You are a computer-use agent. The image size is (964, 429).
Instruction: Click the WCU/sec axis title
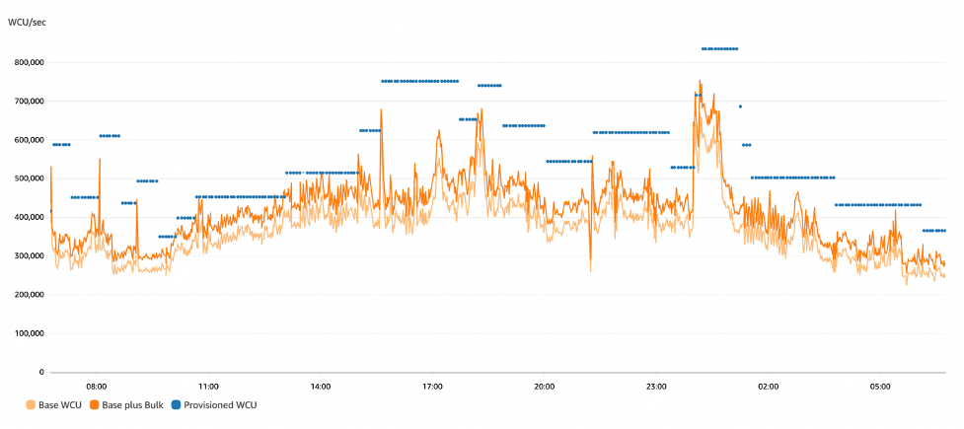[27, 21]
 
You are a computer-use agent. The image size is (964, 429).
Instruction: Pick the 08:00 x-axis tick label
[97, 386]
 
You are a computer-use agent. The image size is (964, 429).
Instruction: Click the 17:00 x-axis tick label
[432, 386]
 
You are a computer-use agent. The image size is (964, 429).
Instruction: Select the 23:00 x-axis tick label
[656, 386]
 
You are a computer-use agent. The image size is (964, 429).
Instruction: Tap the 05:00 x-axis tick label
[880, 386]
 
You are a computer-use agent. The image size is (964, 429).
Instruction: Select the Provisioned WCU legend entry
[217, 404]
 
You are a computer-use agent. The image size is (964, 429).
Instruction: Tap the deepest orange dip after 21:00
[590, 270]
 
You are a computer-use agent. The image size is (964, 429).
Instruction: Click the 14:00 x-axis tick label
[321, 386]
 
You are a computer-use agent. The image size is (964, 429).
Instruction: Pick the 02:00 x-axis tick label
[768, 386]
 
